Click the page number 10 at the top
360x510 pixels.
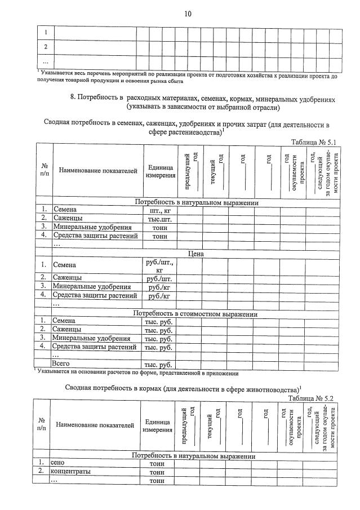[188, 14]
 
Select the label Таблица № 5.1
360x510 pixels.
[312, 143]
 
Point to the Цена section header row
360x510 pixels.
[195, 254]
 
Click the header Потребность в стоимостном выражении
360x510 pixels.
[195, 313]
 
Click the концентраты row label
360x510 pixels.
[70, 471]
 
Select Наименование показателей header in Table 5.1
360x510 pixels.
[98, 171]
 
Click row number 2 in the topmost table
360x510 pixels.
[46, 47]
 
